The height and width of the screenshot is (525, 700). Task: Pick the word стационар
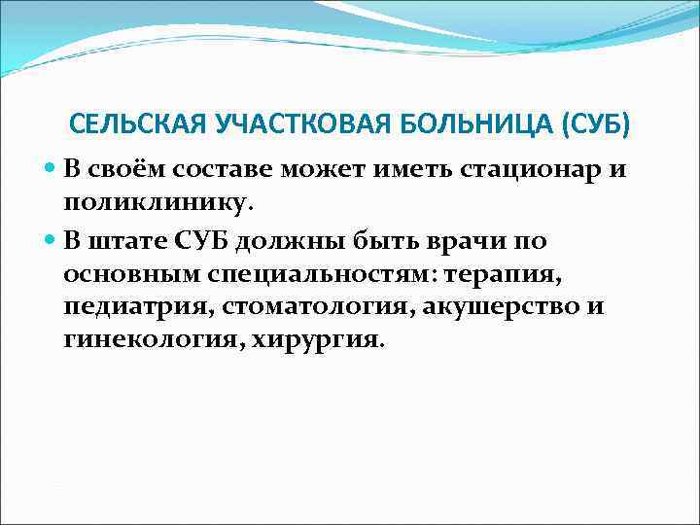(x=504, y=171)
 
